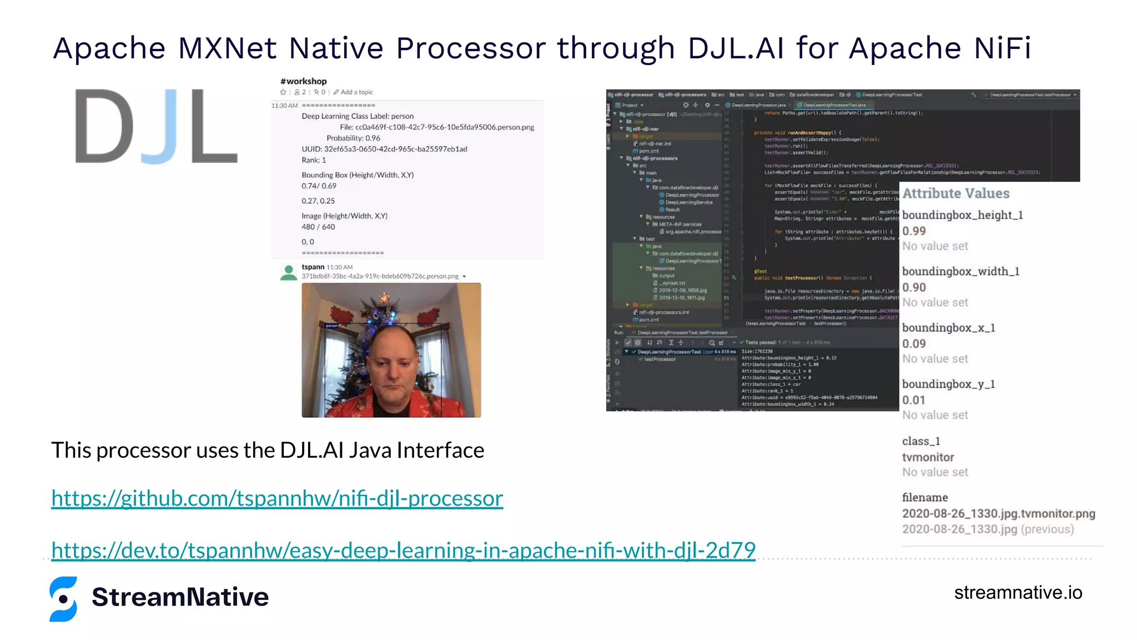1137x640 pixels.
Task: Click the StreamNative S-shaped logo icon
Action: (x=63, y=598)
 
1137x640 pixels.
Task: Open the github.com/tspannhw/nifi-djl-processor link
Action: (x=277, y=498)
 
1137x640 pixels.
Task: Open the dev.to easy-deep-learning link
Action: (x=403, y=551)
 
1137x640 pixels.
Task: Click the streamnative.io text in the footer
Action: (x=1018, y=593)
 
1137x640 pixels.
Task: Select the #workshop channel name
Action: (x=304, y=81)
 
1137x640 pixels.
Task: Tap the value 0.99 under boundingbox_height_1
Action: (x=914, y=231)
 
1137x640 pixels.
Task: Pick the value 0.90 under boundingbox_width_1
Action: (x=914, y=287)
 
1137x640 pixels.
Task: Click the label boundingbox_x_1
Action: (x=948, y=328)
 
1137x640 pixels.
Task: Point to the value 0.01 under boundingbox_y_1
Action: (x=914, y=400)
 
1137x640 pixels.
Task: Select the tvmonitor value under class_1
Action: (x=928, y=457)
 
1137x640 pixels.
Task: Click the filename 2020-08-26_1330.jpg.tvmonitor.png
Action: (x=998, y=513)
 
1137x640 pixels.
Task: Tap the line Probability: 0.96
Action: (x=353, y=138)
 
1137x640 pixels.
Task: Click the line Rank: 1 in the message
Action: (x=314, y=160)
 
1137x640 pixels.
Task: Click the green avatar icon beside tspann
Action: (x=289, y=272)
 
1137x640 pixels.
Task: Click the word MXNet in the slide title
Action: (x=227, y=48)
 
